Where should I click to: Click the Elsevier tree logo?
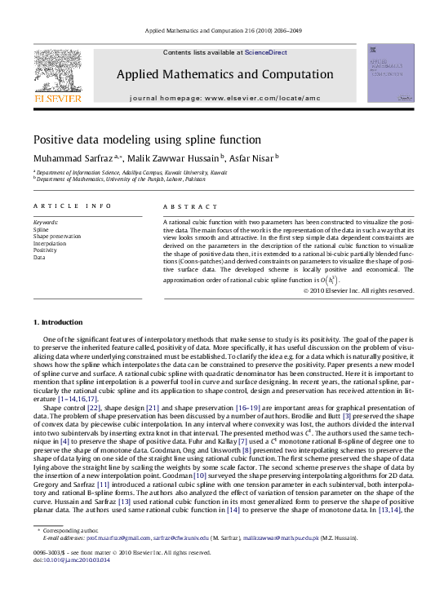pos(57,73)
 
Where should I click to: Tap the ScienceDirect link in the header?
pos(266,52)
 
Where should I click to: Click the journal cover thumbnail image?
pos(390,73)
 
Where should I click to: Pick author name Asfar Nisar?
pos(252,157)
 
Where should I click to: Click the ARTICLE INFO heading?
pos(73,207)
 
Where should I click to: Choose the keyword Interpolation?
pos(50,243)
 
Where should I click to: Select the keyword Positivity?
pos(46,250)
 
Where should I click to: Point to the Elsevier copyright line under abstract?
pos(358,290)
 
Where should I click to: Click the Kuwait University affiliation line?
pos(131,173)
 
